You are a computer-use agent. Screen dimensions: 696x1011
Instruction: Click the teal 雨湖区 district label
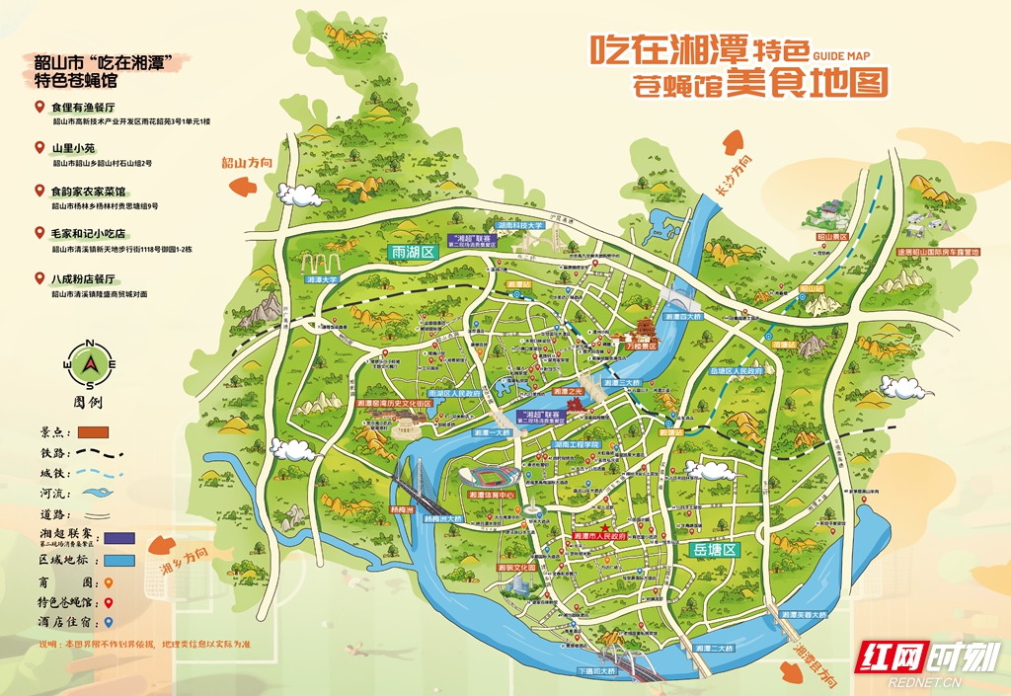414,252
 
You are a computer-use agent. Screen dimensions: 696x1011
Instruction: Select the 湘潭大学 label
322,280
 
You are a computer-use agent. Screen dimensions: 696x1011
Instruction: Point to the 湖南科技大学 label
520,226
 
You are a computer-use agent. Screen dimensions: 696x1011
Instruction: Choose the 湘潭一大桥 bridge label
488,432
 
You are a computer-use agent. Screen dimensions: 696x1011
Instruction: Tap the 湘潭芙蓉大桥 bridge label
800,614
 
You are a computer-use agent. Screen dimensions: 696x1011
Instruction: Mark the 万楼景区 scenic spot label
641,347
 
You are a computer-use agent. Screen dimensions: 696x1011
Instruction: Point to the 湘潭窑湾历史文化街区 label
393,404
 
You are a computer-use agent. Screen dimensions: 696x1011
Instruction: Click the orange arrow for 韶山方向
244,185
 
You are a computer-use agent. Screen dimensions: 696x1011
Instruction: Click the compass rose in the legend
90,364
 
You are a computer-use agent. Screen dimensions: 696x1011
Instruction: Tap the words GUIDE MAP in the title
842,57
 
